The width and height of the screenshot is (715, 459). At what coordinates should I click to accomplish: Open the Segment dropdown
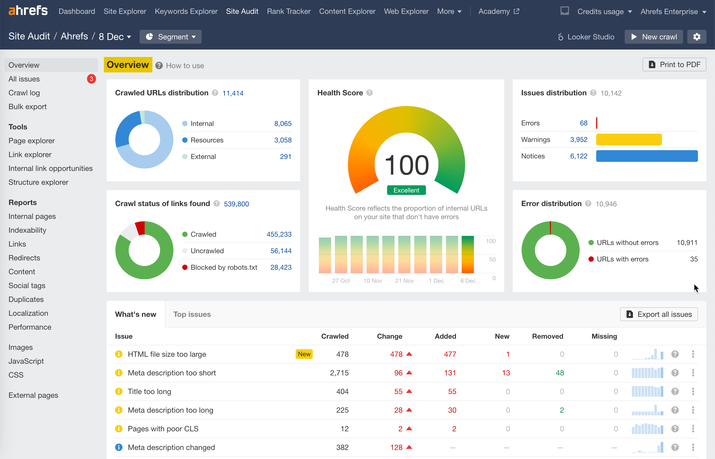click(x=170, y=37)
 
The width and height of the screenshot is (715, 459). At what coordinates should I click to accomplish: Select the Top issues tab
click(x=192, y=314)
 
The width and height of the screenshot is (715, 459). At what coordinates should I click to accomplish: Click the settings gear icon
click(x=697, y=37)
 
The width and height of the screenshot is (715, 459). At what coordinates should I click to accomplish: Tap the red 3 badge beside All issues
click(x=91, y=79)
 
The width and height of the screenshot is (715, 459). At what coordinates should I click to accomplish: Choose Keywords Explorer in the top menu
click(x=186, y=11)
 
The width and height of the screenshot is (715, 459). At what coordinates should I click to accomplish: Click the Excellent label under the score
click(x=406, y=190)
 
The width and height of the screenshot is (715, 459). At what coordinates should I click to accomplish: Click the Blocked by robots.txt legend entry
click(x=223, y=267)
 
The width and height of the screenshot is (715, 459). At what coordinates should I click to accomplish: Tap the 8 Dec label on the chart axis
click(x=468, y=281)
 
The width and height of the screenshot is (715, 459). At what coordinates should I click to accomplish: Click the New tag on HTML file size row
click(x=304, y=354)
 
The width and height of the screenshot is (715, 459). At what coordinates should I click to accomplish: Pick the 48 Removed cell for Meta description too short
click(x=559, y=373)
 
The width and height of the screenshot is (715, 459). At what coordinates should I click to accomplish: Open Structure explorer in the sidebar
click(x=38, y=182)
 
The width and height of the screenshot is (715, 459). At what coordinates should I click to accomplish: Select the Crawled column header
click(x=335, y=336)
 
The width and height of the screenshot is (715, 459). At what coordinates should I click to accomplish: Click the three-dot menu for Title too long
click(x=693, y=391)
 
